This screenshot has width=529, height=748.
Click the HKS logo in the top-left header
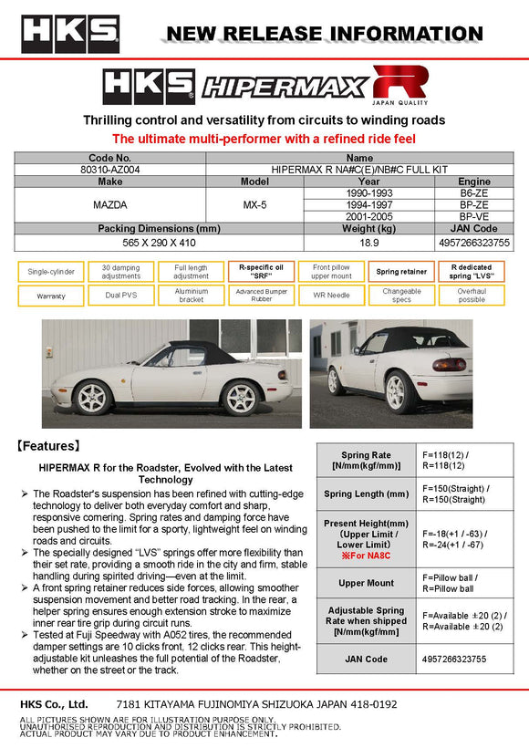point(70,34)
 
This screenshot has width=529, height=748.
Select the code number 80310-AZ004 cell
point(109,170)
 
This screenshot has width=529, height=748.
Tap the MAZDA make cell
point(109,206)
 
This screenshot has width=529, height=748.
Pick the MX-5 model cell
point(254,206)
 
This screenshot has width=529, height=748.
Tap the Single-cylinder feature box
point(50,272)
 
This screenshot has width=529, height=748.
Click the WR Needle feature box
point(332,296)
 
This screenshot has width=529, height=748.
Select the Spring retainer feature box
point(400,272)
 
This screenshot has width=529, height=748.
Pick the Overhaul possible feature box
point(472,296)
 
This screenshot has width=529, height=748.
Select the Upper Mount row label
point(366,582)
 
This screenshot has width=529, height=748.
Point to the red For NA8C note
point(366,555)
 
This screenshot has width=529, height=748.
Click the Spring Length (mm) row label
point(366,494)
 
